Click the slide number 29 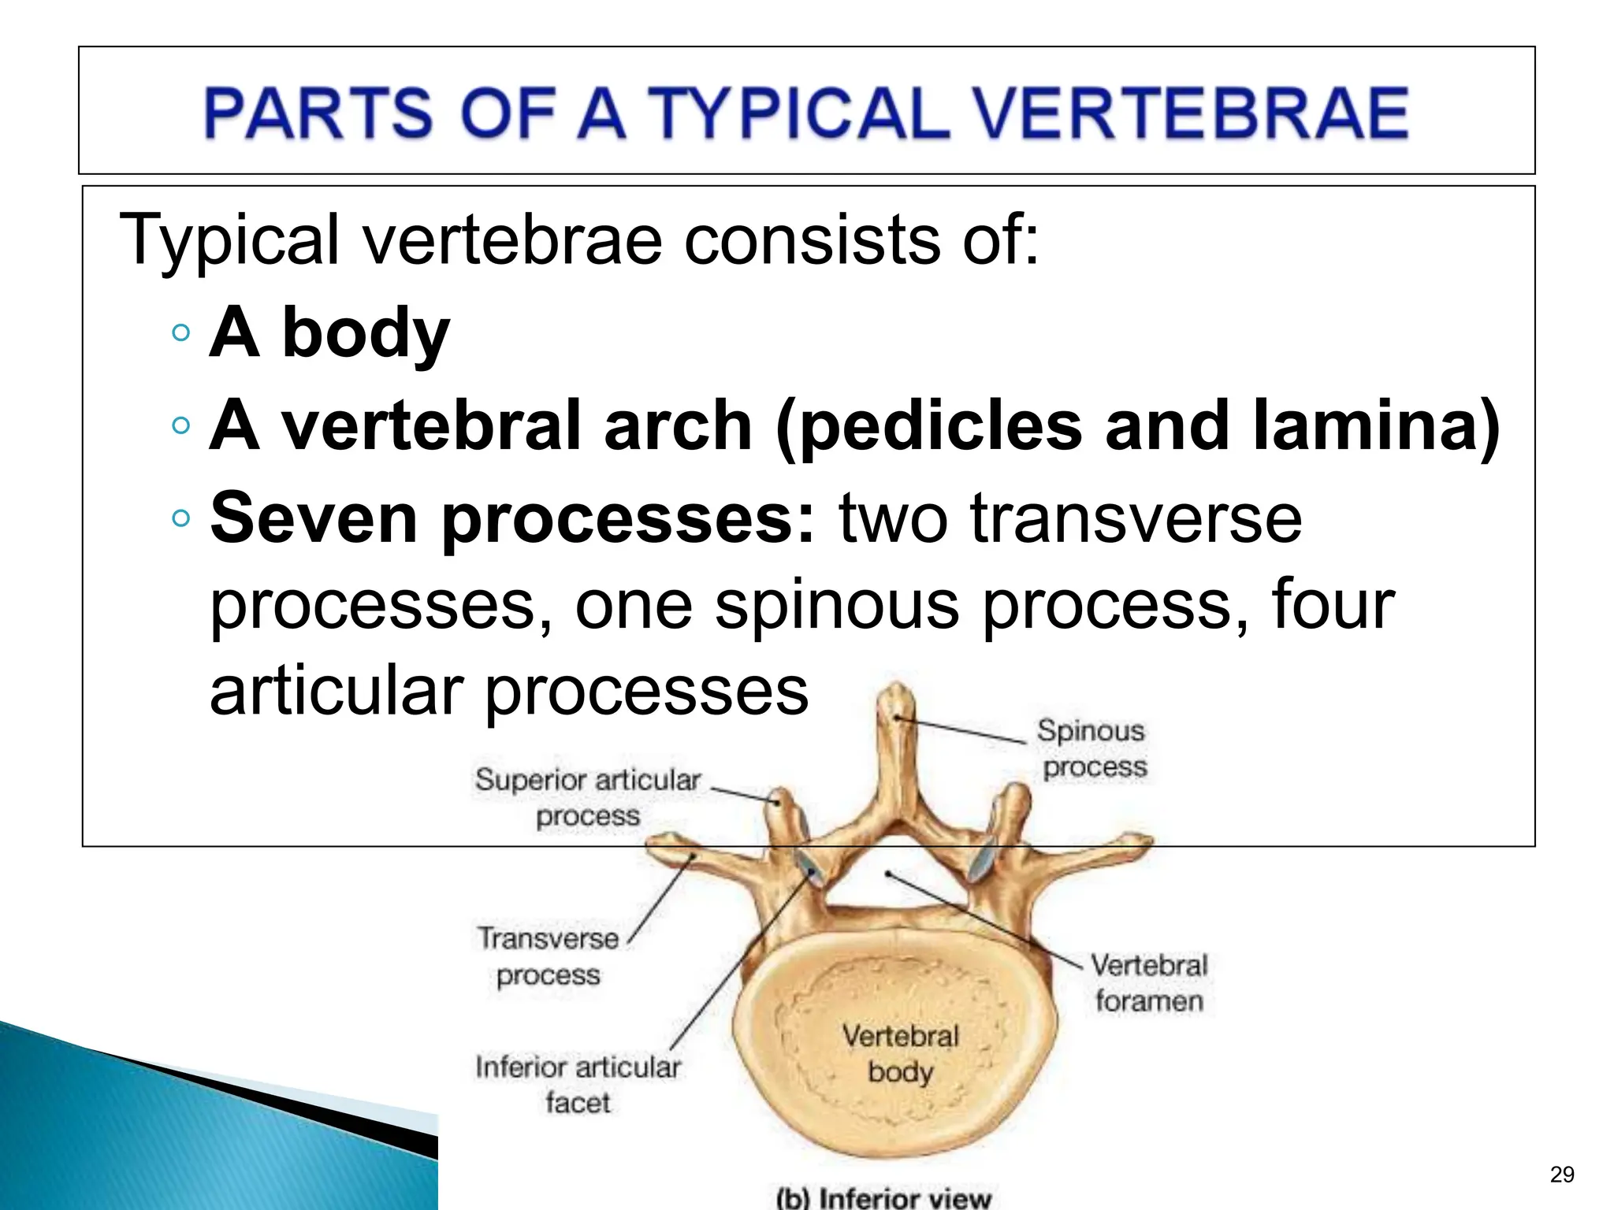pyautogui.click(x=1561, y=1175)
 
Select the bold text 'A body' pyautogui.click(x=329, y=332)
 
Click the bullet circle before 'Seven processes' pyautogui.click(x=180, y=518)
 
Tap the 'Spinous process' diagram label pyautogui.click(x=1092, y=748)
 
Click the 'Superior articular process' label pyautogui.click(x=588, y=797)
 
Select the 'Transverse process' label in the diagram pyautogui.click(x=549, y=956)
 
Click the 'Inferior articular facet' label pyautogui.click(x=578, y=1084)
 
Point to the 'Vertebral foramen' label pyautogui.click(x=1149, y=982)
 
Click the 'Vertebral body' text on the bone pyautogui.click(x=900, y=1053)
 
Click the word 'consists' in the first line pyautogui.click(x=813, y=239)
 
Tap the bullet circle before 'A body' pyautogui.click(x=180, y=332)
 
